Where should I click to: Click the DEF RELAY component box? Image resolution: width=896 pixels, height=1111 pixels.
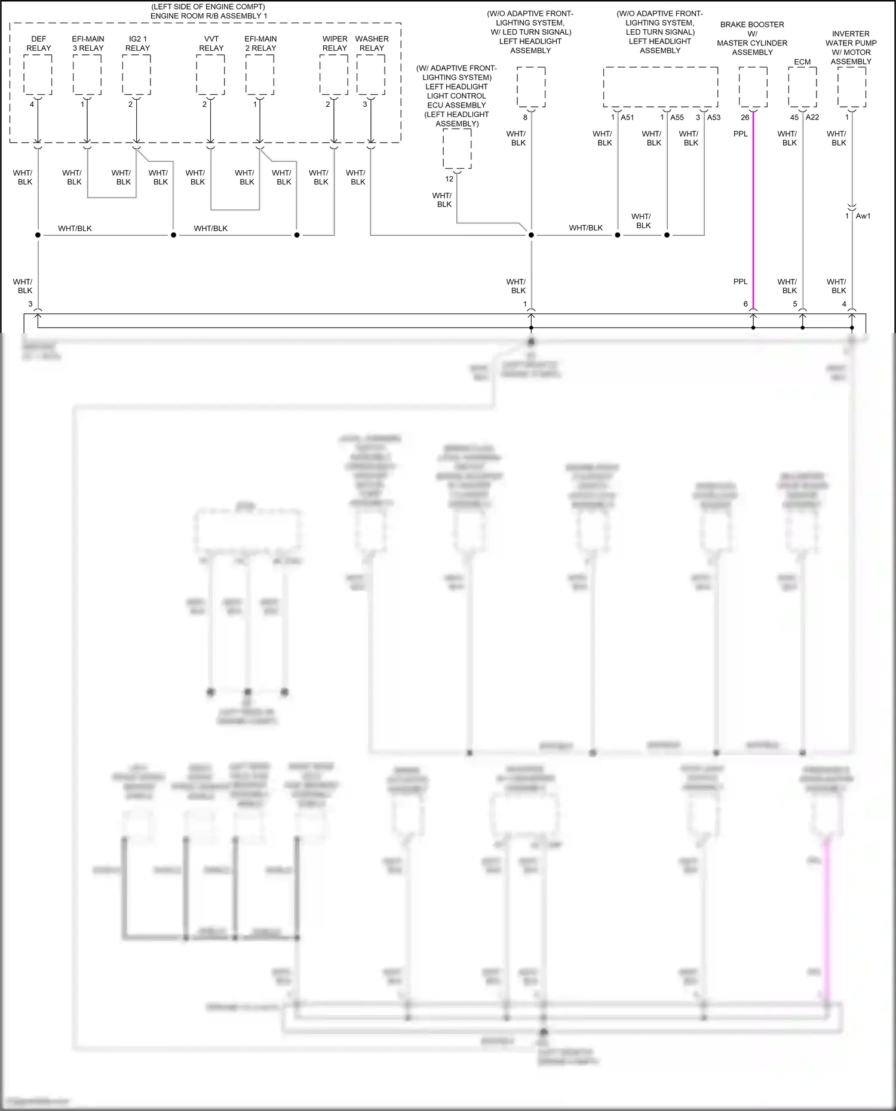(38, 75)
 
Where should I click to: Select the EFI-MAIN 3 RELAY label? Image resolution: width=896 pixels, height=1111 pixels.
(88, 44)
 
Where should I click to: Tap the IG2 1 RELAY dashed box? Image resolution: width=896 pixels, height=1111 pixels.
(137, 75)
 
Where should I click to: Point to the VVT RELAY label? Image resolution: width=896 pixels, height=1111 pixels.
(211, 44)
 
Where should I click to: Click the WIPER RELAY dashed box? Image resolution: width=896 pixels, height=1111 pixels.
(334, 75)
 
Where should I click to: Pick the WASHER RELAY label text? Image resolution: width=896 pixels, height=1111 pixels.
(372, 44)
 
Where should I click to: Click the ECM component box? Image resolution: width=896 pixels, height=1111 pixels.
(802, 87)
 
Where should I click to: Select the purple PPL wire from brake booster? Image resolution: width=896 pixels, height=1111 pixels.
(753, 209)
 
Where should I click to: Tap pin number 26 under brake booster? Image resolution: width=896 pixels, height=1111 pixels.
(745, 118)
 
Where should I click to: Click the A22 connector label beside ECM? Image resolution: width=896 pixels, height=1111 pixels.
(812, 118)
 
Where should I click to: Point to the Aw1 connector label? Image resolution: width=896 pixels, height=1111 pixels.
(863, 216)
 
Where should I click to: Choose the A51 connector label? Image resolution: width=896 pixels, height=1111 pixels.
(627, 118)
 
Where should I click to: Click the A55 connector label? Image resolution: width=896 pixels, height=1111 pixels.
(677, 118)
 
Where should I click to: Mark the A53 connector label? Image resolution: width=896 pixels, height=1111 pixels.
(714, 118)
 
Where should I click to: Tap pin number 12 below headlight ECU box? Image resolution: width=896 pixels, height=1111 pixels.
(449, 179)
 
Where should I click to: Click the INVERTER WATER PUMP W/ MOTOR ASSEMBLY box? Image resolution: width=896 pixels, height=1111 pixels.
(851, 87)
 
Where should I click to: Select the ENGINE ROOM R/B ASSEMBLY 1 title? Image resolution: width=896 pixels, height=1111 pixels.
(208, 16)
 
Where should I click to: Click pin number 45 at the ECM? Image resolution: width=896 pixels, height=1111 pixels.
(794, 118)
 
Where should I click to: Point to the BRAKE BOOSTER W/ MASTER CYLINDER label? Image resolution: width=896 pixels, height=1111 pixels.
(752, 38)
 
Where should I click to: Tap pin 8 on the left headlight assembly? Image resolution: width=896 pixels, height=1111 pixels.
(526, 118)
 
